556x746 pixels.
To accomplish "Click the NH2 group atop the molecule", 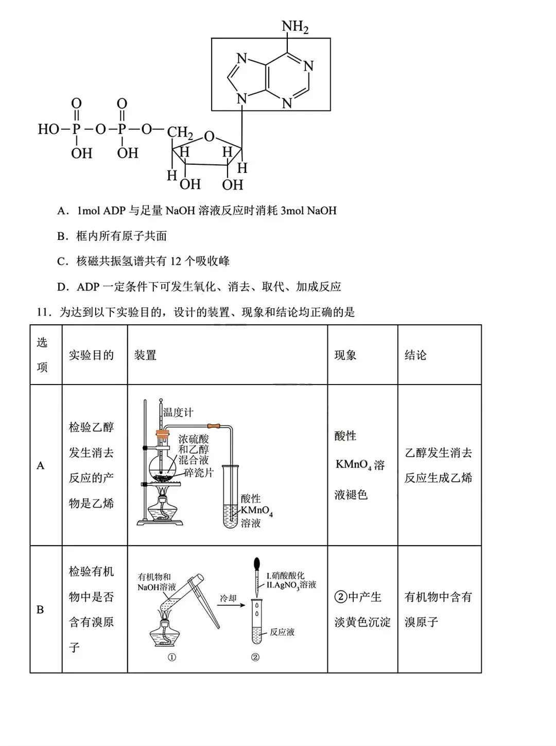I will click(294, 26).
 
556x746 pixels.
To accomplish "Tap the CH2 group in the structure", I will click(180, 133).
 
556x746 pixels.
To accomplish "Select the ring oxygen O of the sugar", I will click(209, 136).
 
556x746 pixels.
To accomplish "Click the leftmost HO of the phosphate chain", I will click(48, 129).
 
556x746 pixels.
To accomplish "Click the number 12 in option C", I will click(176, 261).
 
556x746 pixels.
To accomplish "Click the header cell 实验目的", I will click(91, 355).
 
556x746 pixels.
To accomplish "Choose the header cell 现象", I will click(345, 355).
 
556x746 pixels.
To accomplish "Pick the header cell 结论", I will click(415, 355).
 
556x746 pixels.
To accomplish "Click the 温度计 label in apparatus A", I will click(178, 412).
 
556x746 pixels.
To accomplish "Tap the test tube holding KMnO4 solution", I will click(230, 497).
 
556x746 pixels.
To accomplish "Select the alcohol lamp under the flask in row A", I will click(163, 510).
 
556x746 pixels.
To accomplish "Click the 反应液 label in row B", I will click(282, 632).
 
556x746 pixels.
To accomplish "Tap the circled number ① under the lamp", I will click(172, 657).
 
